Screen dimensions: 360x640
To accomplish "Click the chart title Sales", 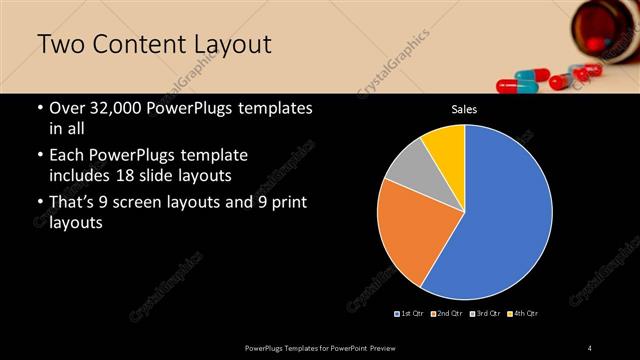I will point(464,109).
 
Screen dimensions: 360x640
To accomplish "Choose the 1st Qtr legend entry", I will point(411,314).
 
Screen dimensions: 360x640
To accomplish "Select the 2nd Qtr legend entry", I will point(447,314).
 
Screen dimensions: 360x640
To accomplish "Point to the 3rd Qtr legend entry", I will point(485,314).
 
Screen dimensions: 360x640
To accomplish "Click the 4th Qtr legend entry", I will point(523,314).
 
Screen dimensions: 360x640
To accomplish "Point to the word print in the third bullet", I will point(284,203).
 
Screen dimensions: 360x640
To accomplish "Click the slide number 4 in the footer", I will point(590,347).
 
